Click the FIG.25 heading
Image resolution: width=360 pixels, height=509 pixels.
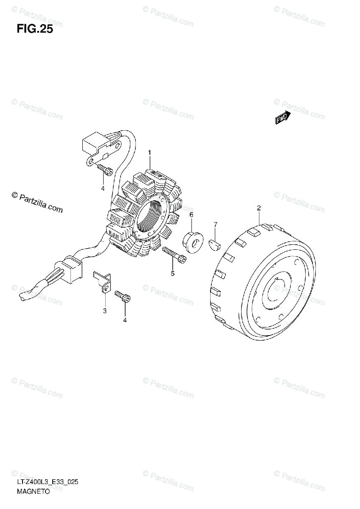[35, 29]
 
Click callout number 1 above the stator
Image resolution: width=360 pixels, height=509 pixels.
[149, 153]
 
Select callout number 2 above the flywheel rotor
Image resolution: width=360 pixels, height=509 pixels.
[259, 208]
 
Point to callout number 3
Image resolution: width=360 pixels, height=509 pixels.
[104, 311]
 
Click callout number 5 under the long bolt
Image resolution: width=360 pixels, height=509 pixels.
[172, 274]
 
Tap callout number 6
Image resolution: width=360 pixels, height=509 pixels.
[191, 215]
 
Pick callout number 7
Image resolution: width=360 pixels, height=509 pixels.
[215, 224]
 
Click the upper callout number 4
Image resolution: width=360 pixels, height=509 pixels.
[102, 188]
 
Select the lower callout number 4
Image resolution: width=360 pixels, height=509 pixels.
[125, 319]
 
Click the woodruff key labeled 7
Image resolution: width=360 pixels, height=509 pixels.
[215, 243]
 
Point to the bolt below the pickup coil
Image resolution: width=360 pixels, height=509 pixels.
[105, 170]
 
